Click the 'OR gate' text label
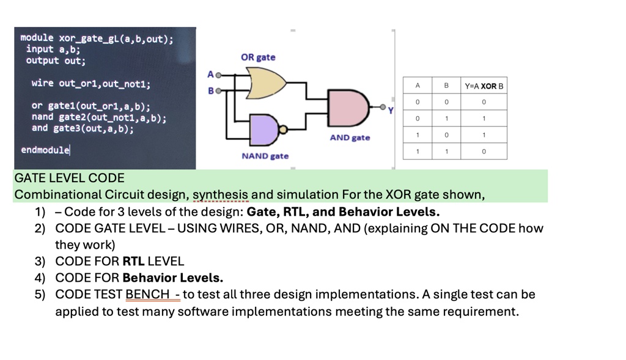(258, 57)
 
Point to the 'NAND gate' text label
(265, 156)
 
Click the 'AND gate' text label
(350, 138)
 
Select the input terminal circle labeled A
(217, 75)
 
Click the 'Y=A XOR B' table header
(484, 86)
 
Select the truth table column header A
(418, 86)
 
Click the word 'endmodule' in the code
(45, 150)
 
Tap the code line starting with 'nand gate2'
(98, 117)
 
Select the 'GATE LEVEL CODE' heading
(69, 178)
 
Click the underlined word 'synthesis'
(221, 194)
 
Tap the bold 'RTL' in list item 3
(133, 261)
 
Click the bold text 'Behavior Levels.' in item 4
(173, 277)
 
